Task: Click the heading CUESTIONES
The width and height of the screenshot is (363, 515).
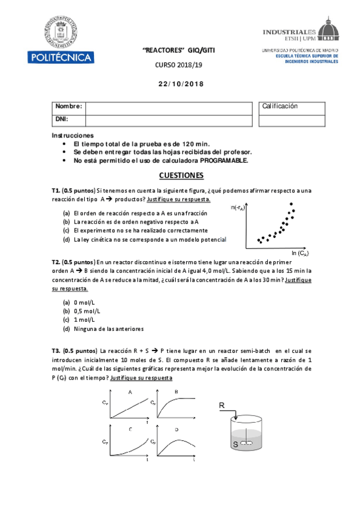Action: coord(181,176)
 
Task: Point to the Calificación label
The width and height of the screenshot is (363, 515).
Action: coord(280,106)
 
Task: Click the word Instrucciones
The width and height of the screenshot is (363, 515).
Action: coord(73,135)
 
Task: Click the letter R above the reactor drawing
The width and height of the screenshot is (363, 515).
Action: coord(222,405)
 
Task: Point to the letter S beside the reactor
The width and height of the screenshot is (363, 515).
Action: coord(235,445)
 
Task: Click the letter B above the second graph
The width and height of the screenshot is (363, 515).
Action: coord(176,392)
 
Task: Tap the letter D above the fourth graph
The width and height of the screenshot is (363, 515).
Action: coord(176,430)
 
